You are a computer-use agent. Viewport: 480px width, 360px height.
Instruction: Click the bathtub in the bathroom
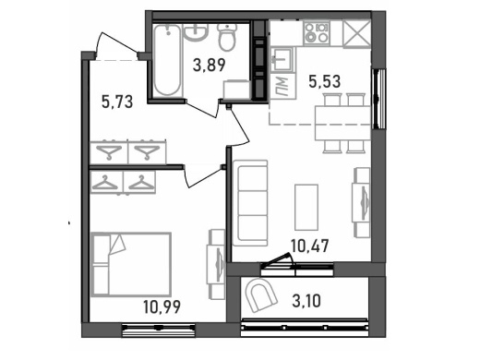coord(167,60)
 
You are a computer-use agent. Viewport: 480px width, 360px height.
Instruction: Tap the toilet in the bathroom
coord(227,37)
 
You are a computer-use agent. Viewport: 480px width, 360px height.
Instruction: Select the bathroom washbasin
coord(196,32)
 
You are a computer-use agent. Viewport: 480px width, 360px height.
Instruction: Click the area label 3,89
coord(210,65)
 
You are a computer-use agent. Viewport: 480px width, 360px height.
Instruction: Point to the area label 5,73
coord(117,102)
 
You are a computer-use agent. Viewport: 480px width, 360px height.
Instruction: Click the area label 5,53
coord(325,82)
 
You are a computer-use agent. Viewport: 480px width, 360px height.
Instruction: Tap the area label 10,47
coord(310,246)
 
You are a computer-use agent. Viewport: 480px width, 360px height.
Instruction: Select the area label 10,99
coord(162,306)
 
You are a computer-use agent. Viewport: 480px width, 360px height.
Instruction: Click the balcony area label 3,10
coord(306,301)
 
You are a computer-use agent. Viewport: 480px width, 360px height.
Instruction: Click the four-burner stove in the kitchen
coord(317,33)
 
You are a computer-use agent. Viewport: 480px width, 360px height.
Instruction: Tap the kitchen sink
coord(282,59)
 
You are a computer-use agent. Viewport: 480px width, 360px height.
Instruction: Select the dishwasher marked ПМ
coord(282,87)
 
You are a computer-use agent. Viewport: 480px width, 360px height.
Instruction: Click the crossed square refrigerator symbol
coord(356,33)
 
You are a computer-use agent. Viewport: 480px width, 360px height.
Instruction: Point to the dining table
coord(342,123)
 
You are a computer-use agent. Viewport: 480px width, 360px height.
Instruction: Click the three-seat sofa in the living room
coord(250,203)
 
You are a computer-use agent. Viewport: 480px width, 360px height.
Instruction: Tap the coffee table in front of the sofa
coord(306,208)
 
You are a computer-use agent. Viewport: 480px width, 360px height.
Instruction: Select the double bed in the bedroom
coord(131,265)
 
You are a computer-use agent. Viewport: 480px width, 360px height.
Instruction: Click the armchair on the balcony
coord(261,295)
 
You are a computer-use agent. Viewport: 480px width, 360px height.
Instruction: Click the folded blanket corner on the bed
coord(117,245)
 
